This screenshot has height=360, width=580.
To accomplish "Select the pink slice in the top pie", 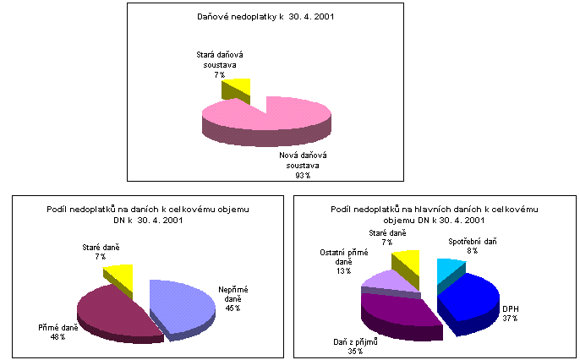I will (x=279, y=118).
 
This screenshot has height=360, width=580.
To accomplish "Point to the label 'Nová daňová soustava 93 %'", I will (x=303, y=166).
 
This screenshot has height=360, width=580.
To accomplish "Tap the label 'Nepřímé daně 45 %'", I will (x=233, y=298).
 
